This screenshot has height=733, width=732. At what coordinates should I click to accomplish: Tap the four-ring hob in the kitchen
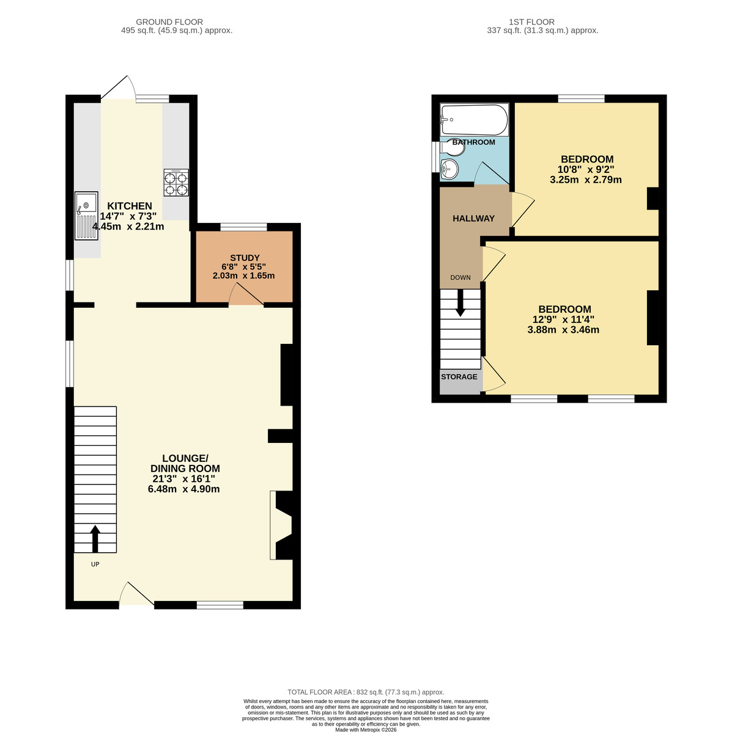pos(176,183)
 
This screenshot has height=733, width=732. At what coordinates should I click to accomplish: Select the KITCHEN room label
pos(130,206)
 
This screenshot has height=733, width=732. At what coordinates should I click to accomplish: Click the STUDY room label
pos(245,258)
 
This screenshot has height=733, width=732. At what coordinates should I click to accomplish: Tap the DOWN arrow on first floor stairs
pos(460,304)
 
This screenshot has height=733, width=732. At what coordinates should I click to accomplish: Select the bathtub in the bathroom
pos(475,120)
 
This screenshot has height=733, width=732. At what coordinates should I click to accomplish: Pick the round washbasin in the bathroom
pos(450,169)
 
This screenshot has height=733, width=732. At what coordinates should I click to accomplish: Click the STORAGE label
pos(459,377)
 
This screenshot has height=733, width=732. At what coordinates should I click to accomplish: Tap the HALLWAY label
pos(473,219)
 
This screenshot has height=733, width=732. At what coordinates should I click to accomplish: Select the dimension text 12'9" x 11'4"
pos(563,319)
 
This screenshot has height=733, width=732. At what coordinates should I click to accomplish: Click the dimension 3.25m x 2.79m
pos(585,180)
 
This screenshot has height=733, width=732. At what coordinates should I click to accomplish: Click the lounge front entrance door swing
pos(135,594)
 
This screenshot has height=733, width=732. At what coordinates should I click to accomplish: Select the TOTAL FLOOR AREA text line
pos(366,692)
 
